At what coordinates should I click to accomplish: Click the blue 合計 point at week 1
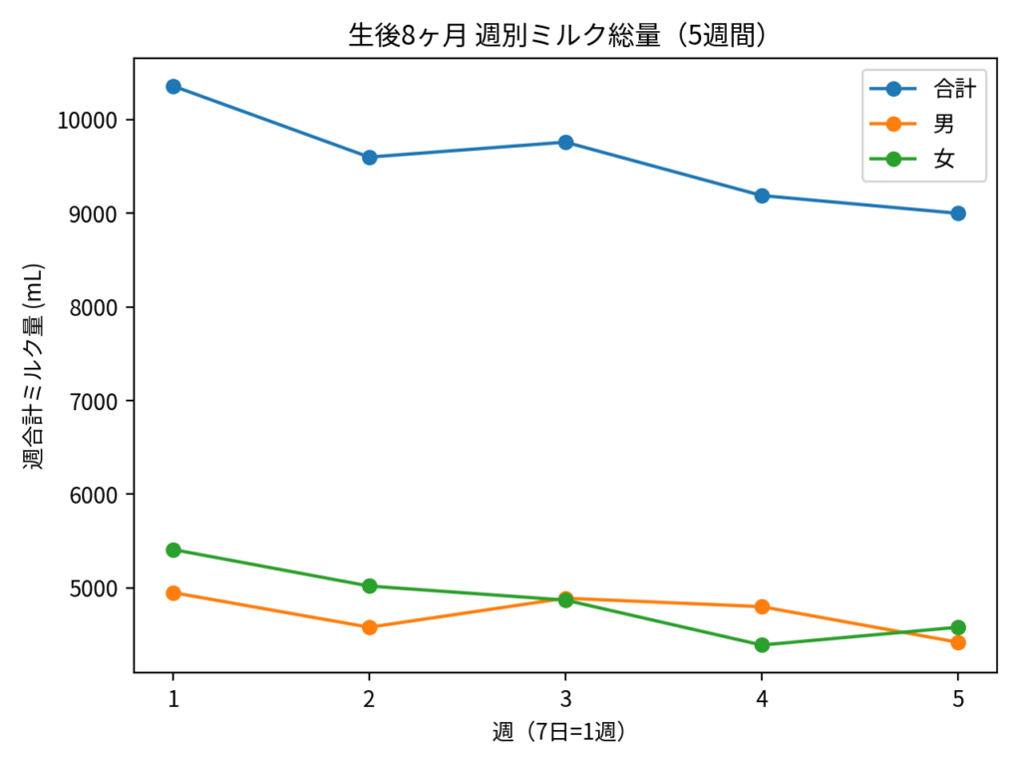[173, 87]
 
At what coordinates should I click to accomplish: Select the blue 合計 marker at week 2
[370, 158]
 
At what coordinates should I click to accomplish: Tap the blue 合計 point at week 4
[762, 195]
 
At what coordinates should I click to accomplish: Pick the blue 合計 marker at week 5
[958, 213]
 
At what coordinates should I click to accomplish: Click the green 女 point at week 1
[173, 550]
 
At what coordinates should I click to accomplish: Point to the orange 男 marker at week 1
[173, 592]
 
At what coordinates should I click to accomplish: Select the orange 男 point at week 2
[370, 627]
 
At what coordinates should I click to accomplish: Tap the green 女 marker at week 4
[762, 645]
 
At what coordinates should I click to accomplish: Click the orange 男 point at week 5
[958, 642]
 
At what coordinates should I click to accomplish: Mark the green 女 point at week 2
[370, 585]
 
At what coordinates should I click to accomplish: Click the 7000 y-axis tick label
[99, 401]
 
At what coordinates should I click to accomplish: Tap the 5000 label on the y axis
[99, 588]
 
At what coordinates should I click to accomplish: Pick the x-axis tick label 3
[565, 699]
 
